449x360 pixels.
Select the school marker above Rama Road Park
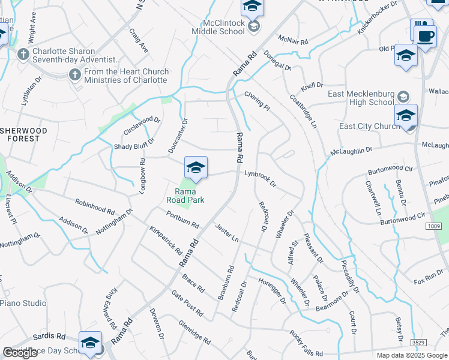pos(196,168)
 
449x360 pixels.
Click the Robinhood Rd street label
pos(95,206)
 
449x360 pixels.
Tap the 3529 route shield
pos(419,341)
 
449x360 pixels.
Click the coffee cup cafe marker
pos(426,35)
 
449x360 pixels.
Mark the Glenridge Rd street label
pos(194,331)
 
